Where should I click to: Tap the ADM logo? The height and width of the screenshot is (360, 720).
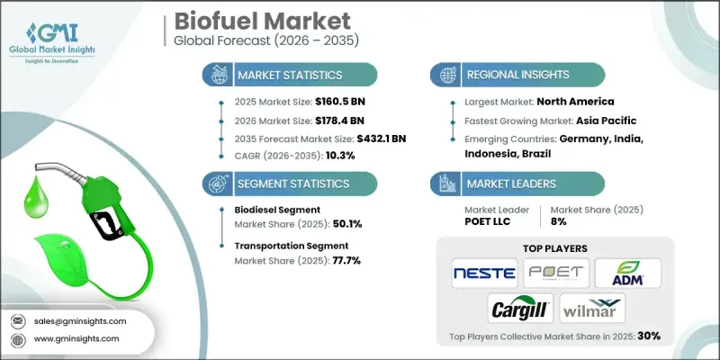click(x=629, y=272)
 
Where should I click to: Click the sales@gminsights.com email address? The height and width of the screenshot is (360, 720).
click(x=81, y=321)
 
